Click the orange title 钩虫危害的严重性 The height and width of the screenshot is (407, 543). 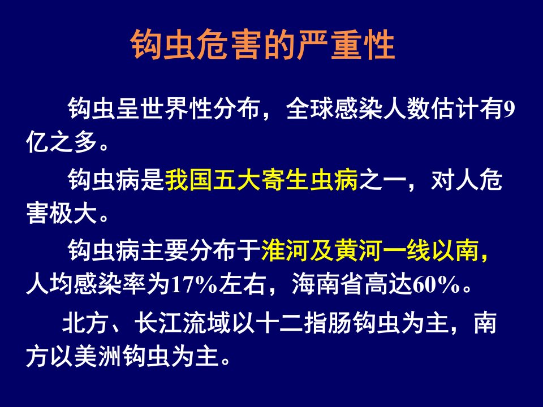(263, 45)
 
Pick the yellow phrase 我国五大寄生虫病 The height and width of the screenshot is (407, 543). (261, 180)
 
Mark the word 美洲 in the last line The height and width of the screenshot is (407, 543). (98, 357)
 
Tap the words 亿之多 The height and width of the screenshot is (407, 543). (62, 142)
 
